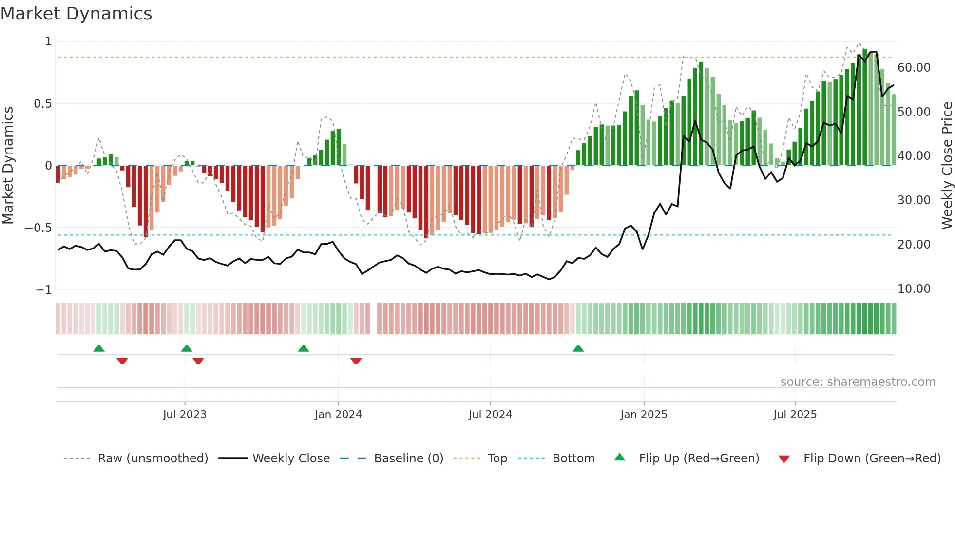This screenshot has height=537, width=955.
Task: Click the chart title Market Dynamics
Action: point(76,14)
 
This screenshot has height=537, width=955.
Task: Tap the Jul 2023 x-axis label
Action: point(185,415)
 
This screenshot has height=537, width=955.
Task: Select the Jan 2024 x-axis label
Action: point(338,415)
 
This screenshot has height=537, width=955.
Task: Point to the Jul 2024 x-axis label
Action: point(490,415)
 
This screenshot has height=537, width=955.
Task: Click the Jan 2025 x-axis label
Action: point(644,415)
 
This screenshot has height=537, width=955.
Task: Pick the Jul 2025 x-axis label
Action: point(795,415)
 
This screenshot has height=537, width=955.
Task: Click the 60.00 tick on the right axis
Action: point(914,68)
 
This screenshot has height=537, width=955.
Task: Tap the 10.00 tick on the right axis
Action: point(914,289)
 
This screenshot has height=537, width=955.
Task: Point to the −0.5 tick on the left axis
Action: point(38,228)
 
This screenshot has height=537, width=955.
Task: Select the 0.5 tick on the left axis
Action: point(42,104)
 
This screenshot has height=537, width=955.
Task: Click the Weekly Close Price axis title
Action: point(947,166)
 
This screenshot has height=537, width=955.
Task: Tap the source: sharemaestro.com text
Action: point(858,382)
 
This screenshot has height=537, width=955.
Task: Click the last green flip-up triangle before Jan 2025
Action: point(578,348)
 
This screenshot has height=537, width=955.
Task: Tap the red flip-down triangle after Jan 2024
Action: point(356,361)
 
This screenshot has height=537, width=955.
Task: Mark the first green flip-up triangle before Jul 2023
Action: point(99,348)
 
